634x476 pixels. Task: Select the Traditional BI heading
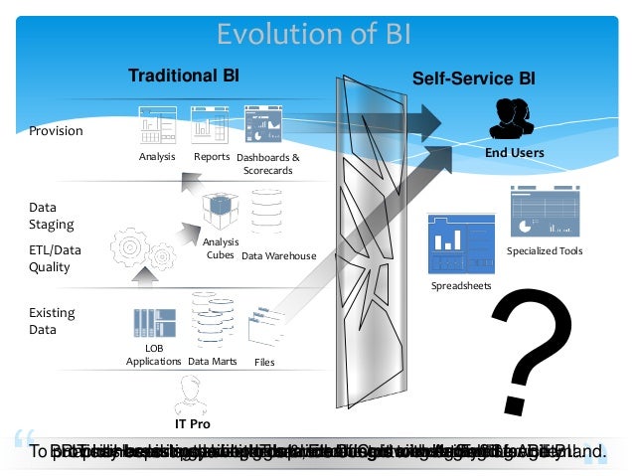(x=183, y=76)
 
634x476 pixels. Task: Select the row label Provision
(x=56, y=131)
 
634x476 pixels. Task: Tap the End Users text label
(x=514, y=153)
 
